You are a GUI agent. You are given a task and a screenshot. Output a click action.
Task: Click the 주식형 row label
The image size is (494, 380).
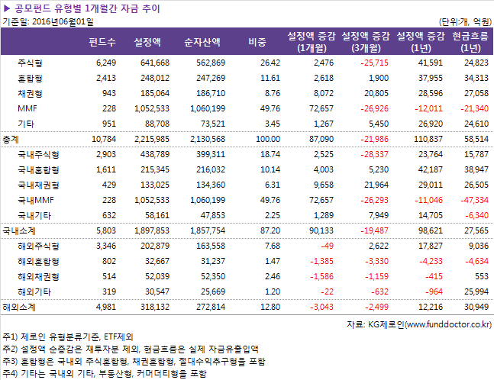(x=30, y=63)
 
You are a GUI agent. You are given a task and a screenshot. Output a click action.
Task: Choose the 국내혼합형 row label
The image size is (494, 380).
(x=38, y=169)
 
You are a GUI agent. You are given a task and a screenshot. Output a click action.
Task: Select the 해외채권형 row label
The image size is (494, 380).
(x=38, y=275)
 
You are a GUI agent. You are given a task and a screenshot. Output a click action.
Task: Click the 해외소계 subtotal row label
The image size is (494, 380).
(x=21, y=307)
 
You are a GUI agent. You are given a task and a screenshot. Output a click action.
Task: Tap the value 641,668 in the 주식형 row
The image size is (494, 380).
(x=153, y=63)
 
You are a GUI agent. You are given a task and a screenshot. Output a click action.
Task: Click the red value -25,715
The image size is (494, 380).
(x=372, y=63)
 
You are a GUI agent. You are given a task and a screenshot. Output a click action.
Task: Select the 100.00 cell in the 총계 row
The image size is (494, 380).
(x=267, y=139)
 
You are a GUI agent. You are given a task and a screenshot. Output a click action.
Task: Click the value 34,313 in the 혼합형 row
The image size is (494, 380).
(x=475, y=78)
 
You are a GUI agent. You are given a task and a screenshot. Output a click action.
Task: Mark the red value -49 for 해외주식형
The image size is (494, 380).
(x=326, y=245)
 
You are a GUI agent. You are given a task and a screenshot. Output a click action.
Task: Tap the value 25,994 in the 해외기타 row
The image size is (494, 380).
(x=475, y=291)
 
